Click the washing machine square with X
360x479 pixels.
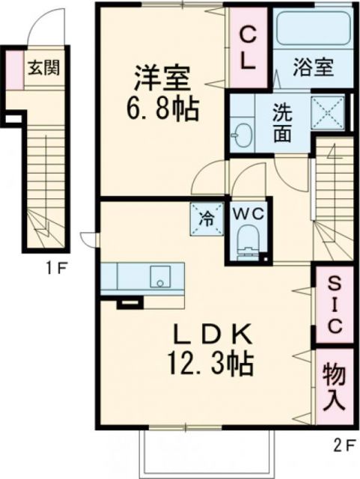[x=327, y=113]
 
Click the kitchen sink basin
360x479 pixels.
[x=161, y=276]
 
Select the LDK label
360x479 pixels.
[x=208, y=333]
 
